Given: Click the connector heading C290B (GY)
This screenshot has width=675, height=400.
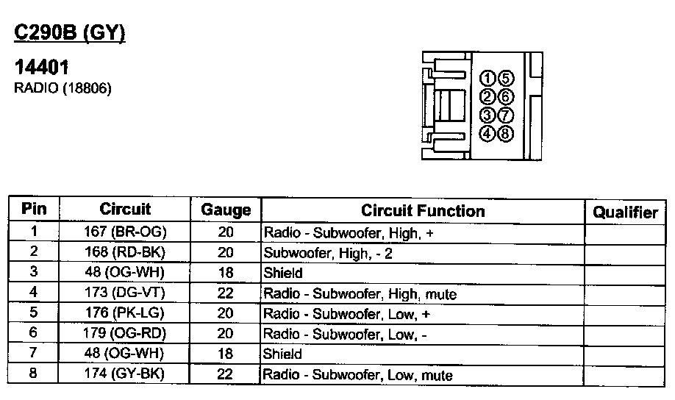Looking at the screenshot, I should [71, 33].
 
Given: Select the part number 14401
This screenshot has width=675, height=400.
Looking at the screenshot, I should [42, 68].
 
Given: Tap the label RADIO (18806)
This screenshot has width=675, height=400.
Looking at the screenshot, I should [63, 88].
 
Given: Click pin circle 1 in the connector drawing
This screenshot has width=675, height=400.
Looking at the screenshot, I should [487, 79].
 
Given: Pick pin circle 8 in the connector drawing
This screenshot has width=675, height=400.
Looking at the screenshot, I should [505, 134].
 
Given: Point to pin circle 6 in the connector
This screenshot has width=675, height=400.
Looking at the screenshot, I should [505, 97].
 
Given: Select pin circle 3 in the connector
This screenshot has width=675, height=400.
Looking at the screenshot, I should [487, 115].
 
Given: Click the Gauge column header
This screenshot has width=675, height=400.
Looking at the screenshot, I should [226, 210].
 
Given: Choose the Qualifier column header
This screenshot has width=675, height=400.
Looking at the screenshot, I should [625, 213].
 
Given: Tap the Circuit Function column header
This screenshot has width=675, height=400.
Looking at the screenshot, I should [423, 211].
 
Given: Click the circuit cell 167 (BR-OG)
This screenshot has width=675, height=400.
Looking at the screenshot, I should [125, 232].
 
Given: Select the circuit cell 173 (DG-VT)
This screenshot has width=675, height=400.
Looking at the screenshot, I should [125, 293].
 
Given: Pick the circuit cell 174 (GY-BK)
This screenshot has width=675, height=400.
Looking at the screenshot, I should [125, 374].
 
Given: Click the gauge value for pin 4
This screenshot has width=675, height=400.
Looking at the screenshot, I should [226, 293].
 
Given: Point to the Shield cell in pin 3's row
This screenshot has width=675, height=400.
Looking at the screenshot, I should [283, 273].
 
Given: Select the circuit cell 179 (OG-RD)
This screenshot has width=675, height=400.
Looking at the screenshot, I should [125, 334].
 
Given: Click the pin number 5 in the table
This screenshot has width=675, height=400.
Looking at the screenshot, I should [33, 313].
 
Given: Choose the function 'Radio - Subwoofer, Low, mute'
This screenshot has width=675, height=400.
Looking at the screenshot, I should [358, 375].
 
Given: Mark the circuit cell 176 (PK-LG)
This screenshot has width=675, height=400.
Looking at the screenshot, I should [125, 313].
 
